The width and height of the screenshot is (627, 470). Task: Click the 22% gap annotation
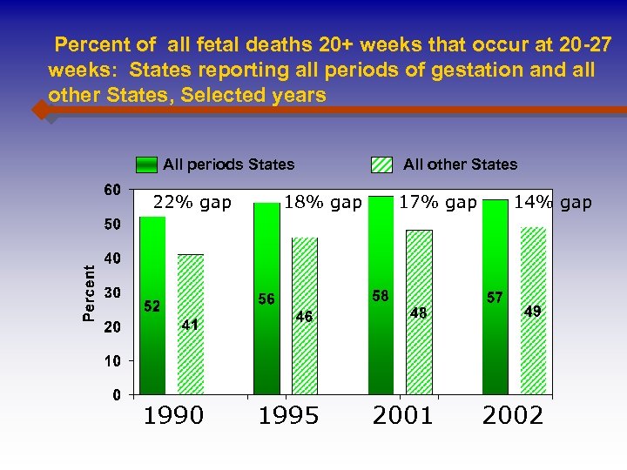(192, 203)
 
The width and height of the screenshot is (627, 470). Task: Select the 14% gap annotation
(553, 203)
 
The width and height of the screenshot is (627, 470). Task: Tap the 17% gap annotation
(437, 203)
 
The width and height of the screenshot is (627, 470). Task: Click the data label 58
(381, 296)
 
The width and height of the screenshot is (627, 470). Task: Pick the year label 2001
(402, 415)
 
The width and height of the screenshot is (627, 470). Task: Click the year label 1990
(173, 415)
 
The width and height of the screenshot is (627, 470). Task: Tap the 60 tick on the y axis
(112, 190)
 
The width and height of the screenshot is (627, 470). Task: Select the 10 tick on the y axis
(112, 360)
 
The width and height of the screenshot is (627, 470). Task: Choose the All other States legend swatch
(382, 164)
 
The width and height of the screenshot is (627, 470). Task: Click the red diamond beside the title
(40, 111)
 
